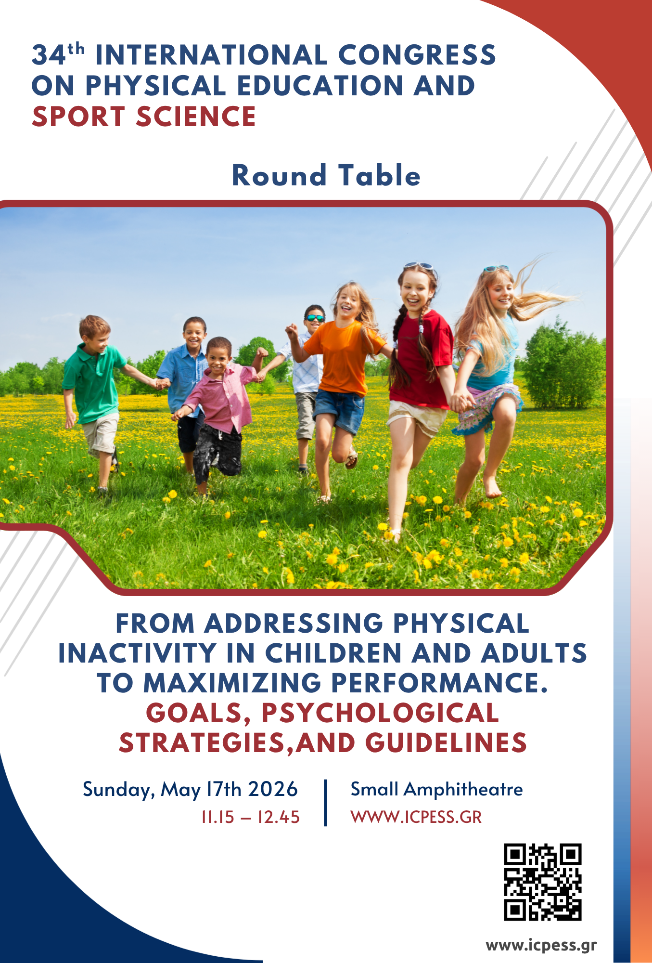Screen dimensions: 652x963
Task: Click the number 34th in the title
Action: point(58,54)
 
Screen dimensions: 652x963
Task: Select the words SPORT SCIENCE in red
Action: point(143,117)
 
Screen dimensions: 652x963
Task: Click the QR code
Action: point(543,882)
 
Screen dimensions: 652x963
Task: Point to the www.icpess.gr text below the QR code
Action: point(541,945)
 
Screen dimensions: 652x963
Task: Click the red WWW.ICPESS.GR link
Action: point(416,817)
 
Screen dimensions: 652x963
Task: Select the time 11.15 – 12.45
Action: point(251,817)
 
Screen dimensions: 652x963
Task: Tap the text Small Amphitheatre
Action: point(436,789)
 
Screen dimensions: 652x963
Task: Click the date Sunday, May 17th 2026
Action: point(191,790)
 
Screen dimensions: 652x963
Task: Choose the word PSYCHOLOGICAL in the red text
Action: point(380,713)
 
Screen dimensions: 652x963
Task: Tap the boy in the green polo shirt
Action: point(95,400)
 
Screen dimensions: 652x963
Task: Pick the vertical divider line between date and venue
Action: point(326,803)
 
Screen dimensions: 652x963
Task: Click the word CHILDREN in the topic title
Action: point(333,653)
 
